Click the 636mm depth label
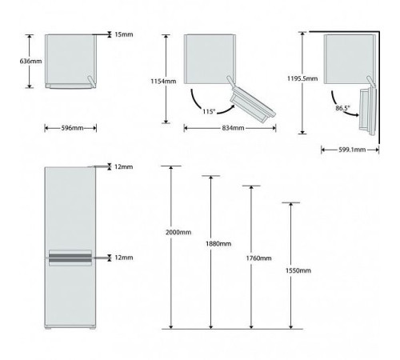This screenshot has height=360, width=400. pos(30,61)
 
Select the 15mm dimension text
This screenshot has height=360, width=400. pos(124,34)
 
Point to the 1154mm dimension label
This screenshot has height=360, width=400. pos(163,81)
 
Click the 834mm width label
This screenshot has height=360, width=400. pos(233,128)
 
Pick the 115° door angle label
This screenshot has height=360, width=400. pos(209,111)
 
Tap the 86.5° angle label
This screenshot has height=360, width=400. pos(342,108)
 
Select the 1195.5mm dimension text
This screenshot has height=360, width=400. pos(302,78)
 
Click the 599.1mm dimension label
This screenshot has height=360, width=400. pos(352,150)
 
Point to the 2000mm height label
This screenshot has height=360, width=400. pos(178,232)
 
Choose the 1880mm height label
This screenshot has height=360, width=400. pos(218,244)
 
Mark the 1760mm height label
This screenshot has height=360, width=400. pos(258,258)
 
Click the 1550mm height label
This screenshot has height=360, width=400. pos(298,270)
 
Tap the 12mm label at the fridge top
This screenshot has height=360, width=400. pos(124,166)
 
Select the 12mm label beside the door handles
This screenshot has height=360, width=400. pos(124,258)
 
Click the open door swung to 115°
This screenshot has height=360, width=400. pos(252,102)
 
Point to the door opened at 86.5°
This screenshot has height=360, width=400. pos(367,110)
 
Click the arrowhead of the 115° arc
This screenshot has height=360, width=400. pos(232,107)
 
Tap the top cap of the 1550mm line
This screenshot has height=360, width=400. pos(290,202)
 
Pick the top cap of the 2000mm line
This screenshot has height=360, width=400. pos(171,166)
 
